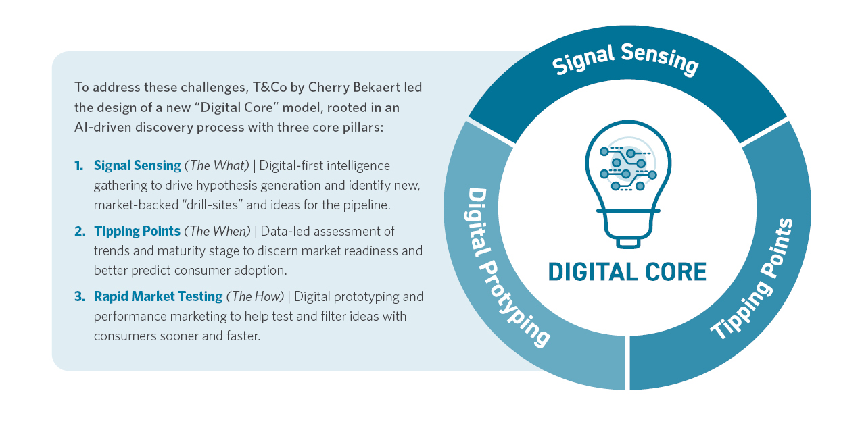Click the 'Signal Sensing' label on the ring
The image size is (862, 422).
pos(625,59)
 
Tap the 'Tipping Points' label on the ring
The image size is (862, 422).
pos(753,280)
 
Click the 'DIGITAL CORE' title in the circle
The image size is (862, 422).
pos(627,272)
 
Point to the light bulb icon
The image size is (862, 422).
pos(628,184)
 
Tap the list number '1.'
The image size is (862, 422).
pos(79,165)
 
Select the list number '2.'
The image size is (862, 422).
pos(80,231)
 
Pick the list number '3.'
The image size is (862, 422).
pos(80,296)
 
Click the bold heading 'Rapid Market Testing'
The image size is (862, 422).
pos(158,296)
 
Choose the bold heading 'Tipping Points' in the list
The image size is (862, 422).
pos(137,232)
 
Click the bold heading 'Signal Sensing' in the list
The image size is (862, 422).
pos(137,166)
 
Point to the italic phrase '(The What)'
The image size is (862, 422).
pos(217,165)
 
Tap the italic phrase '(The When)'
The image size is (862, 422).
pos(218,231)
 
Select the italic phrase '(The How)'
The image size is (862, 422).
pos(255,296)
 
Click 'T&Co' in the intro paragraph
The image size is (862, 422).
pos(270,87)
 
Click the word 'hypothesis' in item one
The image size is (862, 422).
pos(226,186)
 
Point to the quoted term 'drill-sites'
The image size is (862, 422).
pos(211,205)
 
